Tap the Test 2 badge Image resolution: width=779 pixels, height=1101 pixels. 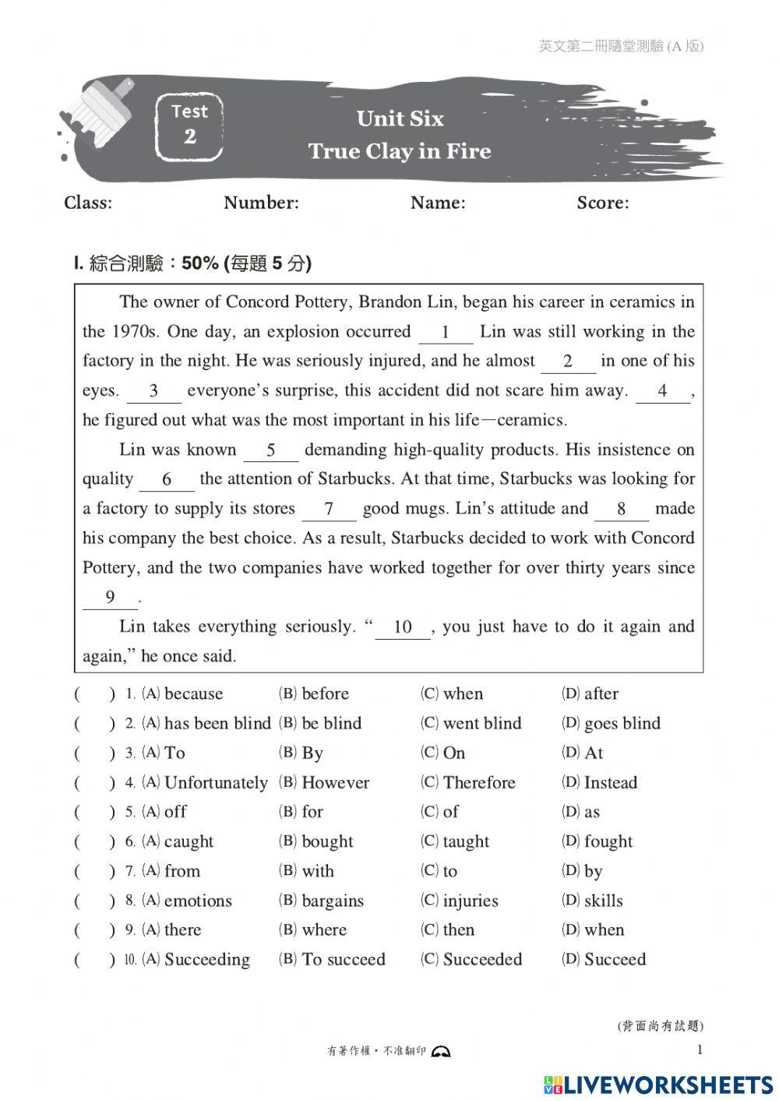coord(189,125)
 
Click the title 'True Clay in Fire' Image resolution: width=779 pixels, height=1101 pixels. coord(399,150)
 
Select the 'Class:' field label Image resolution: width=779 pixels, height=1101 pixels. coord(88,203)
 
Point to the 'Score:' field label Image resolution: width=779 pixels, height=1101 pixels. coord(603,203)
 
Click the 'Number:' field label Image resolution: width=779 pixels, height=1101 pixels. coord(261,203)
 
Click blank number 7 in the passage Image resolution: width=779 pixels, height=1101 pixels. coord(329,510)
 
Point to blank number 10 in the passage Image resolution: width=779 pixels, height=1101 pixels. coord(403,627)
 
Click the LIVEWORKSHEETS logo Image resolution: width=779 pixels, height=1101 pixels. coord(658,1085)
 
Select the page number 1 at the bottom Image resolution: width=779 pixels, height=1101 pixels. coord(699,1050)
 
